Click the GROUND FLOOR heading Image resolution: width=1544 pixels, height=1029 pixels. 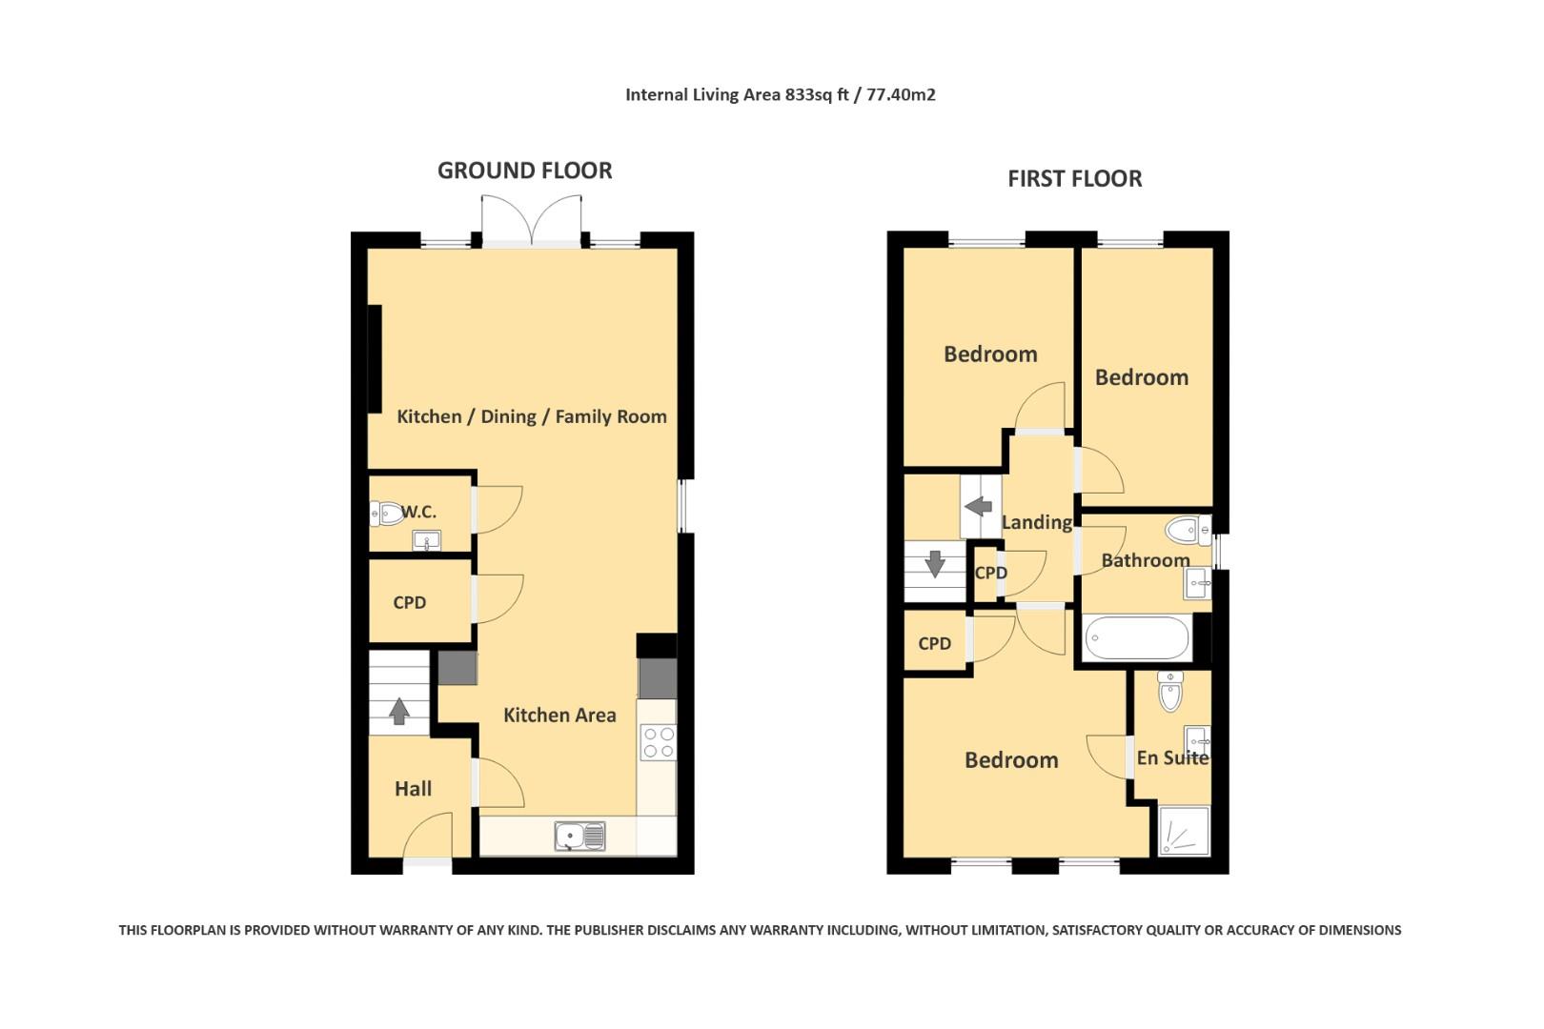[524, 171]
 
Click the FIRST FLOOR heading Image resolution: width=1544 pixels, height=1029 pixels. [1074, 178]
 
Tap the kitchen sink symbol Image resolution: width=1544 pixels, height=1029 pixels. [579, 836]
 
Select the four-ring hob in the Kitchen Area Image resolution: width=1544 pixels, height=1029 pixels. [658, 742]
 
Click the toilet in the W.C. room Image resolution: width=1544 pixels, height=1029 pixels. [386, 514]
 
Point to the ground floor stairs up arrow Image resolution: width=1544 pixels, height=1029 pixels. [398, 711]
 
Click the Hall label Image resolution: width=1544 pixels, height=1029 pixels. [413, 788]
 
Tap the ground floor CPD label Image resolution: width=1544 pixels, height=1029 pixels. [409, 602]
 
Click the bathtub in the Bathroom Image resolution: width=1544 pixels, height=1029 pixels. [1137, 638]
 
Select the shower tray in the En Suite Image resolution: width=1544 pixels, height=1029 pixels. [1183, 831]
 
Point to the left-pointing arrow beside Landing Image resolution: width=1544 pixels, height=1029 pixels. [978, 507]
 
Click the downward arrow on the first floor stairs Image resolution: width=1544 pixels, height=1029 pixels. [935, 563]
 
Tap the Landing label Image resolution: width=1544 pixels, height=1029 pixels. [1036, 522]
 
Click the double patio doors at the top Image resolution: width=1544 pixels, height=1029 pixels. [532, 221]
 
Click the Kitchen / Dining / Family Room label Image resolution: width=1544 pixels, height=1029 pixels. [531, 416]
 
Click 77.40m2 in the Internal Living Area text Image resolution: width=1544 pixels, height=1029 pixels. [901, 94]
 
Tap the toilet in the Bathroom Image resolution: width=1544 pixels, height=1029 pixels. [1186, 529]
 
